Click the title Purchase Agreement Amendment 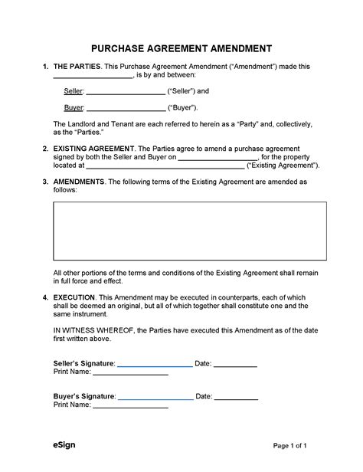[x=181, y=48]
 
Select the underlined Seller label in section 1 [x=74, y=91]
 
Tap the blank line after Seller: [x=126, y=93]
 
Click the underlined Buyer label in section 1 [x=74, y=108]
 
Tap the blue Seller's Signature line [x=155, y=366]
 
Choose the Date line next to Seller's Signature [x=235, y=366]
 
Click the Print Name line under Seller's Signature [x=130, y=375]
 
